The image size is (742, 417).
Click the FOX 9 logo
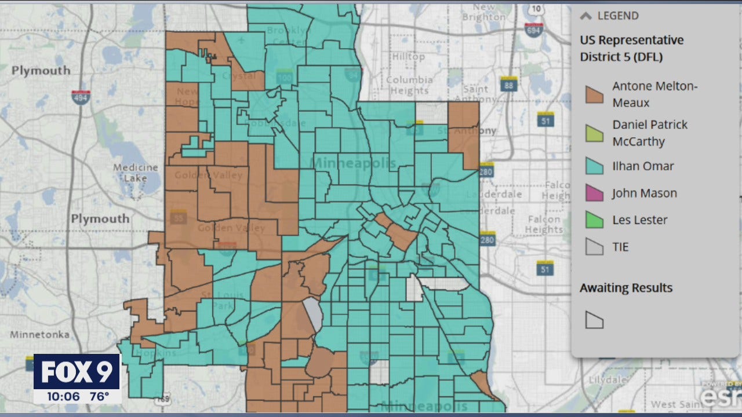(x=77, y=372)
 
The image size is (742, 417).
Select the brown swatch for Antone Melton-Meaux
(x=594, y=94)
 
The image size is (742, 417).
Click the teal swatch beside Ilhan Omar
(x=594, y=166)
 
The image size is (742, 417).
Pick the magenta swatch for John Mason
(x=594, y=193)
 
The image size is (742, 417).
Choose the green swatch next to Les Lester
(x=594, y=220)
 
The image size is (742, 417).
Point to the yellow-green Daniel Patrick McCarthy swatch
(x=594, y=133)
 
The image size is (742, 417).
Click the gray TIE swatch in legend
(x=594, y=247)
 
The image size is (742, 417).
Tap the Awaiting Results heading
(x=626, y=288)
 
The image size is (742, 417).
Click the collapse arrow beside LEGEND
(x=585, y=16)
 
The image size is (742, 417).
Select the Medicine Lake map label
(x=135, y=173)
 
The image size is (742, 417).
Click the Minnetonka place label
(x=39, y=335)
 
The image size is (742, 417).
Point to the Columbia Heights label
(x=409, y=85)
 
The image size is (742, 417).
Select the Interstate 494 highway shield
(x=81, y=97)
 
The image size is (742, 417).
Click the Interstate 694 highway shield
(x=533, y=30)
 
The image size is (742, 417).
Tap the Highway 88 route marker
(x=510, y=85)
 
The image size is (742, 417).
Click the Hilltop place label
(x=408, y=57)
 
